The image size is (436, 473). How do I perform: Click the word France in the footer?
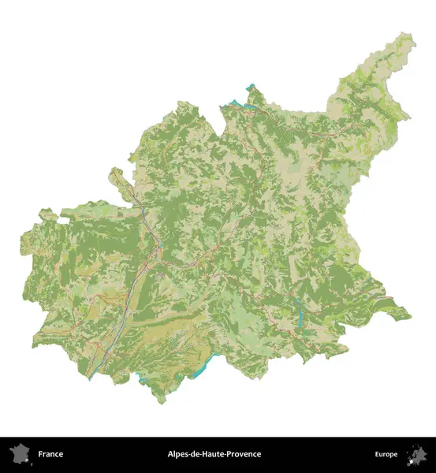tap(50, 454)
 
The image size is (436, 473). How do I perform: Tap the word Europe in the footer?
tap(386, 454)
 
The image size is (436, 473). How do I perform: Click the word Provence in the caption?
tap(244, 454)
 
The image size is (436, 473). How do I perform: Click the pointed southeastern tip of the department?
tap(409, 316)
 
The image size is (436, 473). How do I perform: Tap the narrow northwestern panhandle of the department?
tap(117, 175)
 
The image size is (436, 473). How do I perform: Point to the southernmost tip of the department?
tap(163, 402)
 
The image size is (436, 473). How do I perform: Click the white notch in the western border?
tap(55, 213)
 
